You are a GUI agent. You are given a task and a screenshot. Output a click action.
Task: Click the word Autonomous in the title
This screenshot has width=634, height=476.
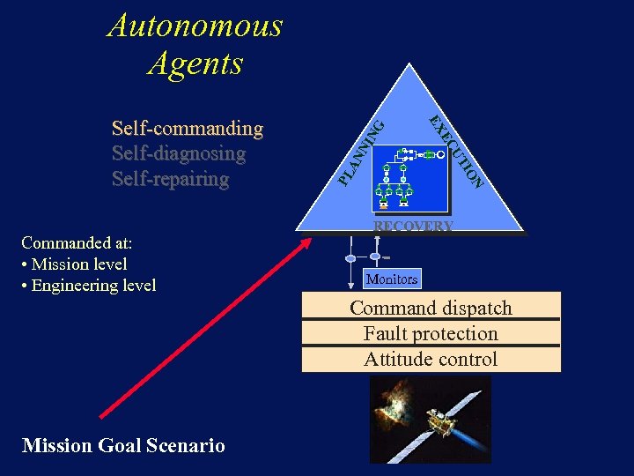pos(195,26)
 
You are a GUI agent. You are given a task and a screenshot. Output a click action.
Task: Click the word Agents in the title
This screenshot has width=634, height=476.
pos(195,63)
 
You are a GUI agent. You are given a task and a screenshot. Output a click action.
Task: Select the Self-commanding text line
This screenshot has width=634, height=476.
pos(188,129)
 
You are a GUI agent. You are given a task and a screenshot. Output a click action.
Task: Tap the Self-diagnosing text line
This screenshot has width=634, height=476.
pos(179,153)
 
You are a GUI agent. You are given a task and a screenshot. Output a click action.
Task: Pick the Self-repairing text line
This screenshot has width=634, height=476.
pos(171,179)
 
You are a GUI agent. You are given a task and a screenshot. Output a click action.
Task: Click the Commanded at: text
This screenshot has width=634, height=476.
pos(77,242)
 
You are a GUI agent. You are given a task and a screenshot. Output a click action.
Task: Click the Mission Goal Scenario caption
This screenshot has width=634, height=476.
pos(123,445)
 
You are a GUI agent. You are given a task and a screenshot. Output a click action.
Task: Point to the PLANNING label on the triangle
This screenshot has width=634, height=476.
pos(361,154)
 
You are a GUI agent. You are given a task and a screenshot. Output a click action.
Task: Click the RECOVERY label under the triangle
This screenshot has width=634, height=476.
pos(413,227)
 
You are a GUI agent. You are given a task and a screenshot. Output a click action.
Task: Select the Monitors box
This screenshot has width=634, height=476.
pos(392,279)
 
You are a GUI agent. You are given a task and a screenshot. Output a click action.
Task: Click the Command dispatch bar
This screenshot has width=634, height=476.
pos(431,308)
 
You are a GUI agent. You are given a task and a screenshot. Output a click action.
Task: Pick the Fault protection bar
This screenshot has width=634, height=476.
pos(431,333)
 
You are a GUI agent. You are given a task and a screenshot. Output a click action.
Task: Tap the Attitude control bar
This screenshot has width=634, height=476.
pos(431,359)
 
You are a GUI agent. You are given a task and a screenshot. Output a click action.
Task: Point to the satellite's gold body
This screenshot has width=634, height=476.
pos(442,424)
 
